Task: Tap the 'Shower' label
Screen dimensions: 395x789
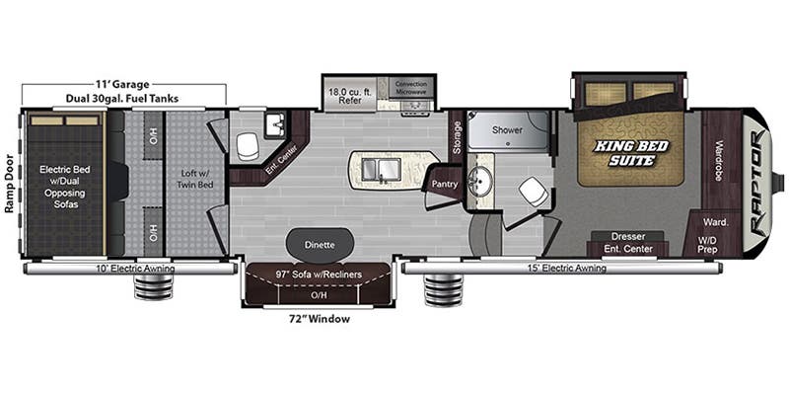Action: click(x=507, y=129)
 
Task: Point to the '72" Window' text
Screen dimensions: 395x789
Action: click(x=312, y=319)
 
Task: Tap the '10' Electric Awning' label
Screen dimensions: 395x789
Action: click(x=134, y=269)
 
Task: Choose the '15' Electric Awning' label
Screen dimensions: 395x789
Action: click(x=553, y=269)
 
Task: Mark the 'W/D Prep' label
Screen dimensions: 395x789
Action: click(x=707, y=244)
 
